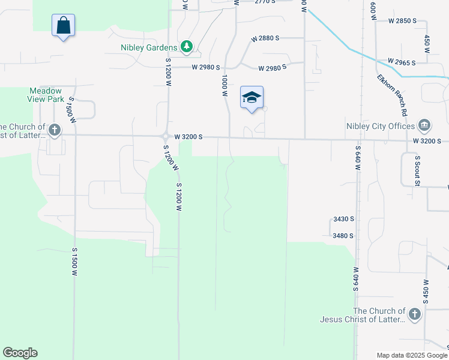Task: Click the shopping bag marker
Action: pos(63,26)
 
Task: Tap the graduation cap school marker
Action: pos(252,98)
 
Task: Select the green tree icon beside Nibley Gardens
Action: pos(187,47)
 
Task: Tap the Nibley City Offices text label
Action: pos(381,126)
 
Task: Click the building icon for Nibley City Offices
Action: pos(424,125)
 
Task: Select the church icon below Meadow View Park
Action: pos(55,130)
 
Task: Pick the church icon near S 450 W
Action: pos(414,314)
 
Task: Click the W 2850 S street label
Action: pos(402,20)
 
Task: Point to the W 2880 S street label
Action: pos(265,38)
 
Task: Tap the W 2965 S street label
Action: pos(402,62)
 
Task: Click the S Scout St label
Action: pos(417,170)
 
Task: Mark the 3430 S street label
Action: pos(343,220)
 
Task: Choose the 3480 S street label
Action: pos(343,236)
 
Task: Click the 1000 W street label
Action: pos(224,86)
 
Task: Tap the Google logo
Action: pos(20,353)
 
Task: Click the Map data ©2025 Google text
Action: pos(411,355)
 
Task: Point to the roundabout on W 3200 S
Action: pos(166,135)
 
